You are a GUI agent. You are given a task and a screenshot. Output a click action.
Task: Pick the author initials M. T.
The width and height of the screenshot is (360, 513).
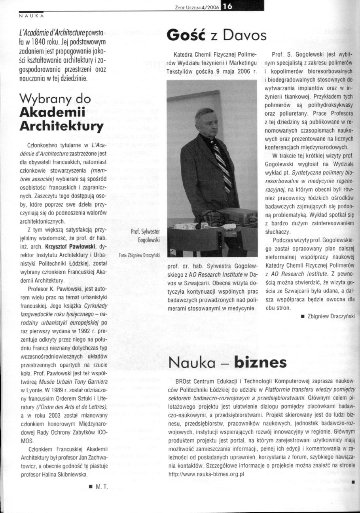pyautogui.click(x=102, y=486)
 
